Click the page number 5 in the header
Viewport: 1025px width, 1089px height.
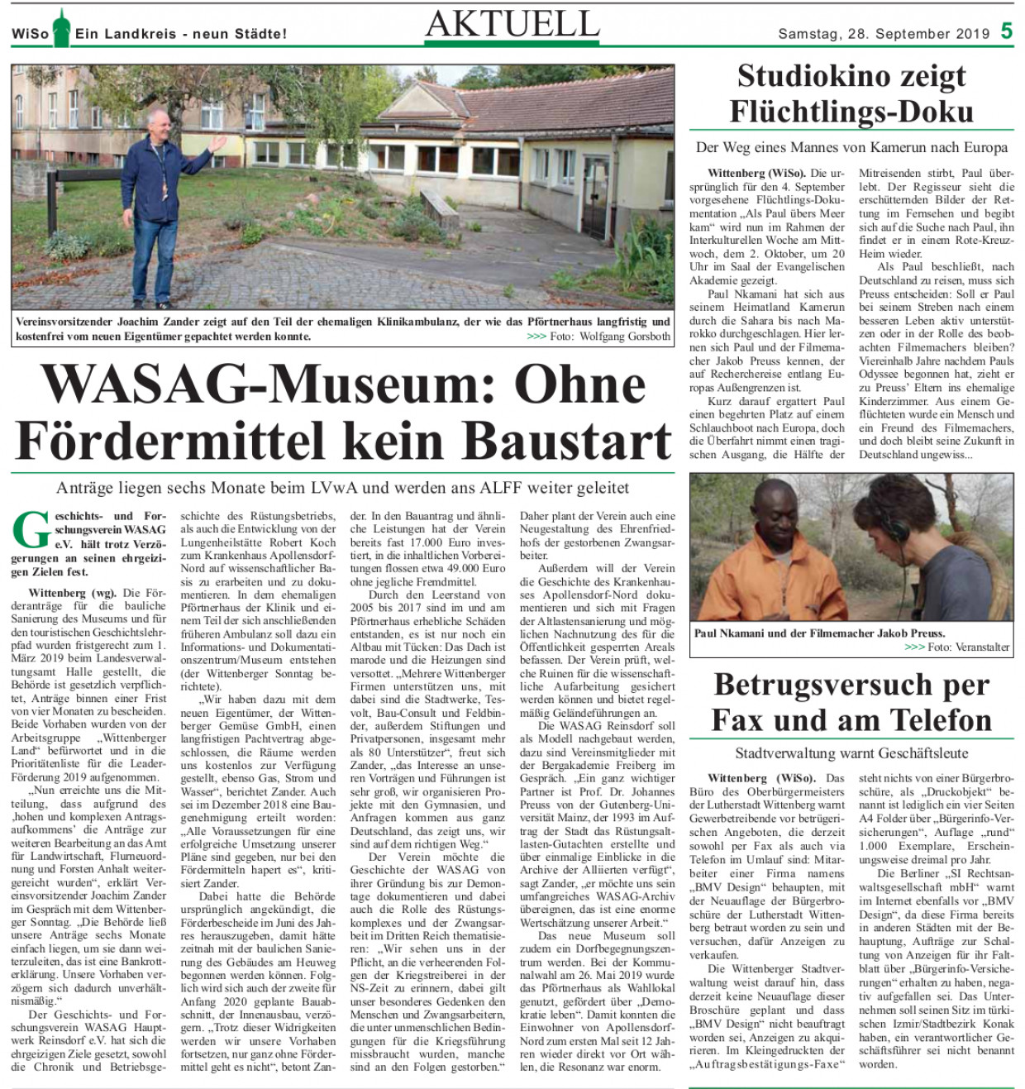[1006, 31]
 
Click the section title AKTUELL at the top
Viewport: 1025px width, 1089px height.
[512, 24]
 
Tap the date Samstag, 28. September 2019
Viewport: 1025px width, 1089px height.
[884, 34]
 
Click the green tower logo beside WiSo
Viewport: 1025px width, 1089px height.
[61, 28]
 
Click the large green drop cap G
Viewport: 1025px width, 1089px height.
[31, 530]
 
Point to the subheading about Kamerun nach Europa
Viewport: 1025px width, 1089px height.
[851, 148]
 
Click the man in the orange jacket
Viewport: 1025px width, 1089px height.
[743, 571]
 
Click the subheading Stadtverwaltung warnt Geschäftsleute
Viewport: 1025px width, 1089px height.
[851, 753]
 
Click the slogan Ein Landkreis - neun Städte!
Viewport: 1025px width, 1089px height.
[181, 34]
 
